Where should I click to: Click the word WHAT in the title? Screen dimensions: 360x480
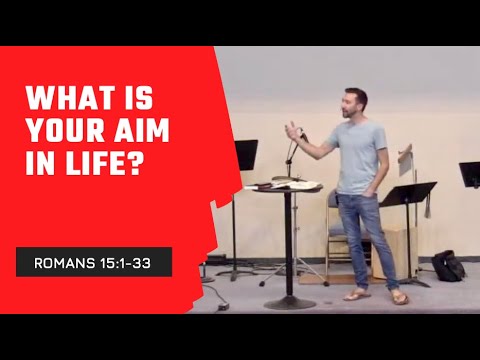click(x=66, y=102)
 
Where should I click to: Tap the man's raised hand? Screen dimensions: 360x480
click(x=292, y=128)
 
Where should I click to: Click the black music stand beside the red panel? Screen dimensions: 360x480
click(x=245, y=155)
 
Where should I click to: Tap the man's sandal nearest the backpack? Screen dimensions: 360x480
click(x=398, y=297)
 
